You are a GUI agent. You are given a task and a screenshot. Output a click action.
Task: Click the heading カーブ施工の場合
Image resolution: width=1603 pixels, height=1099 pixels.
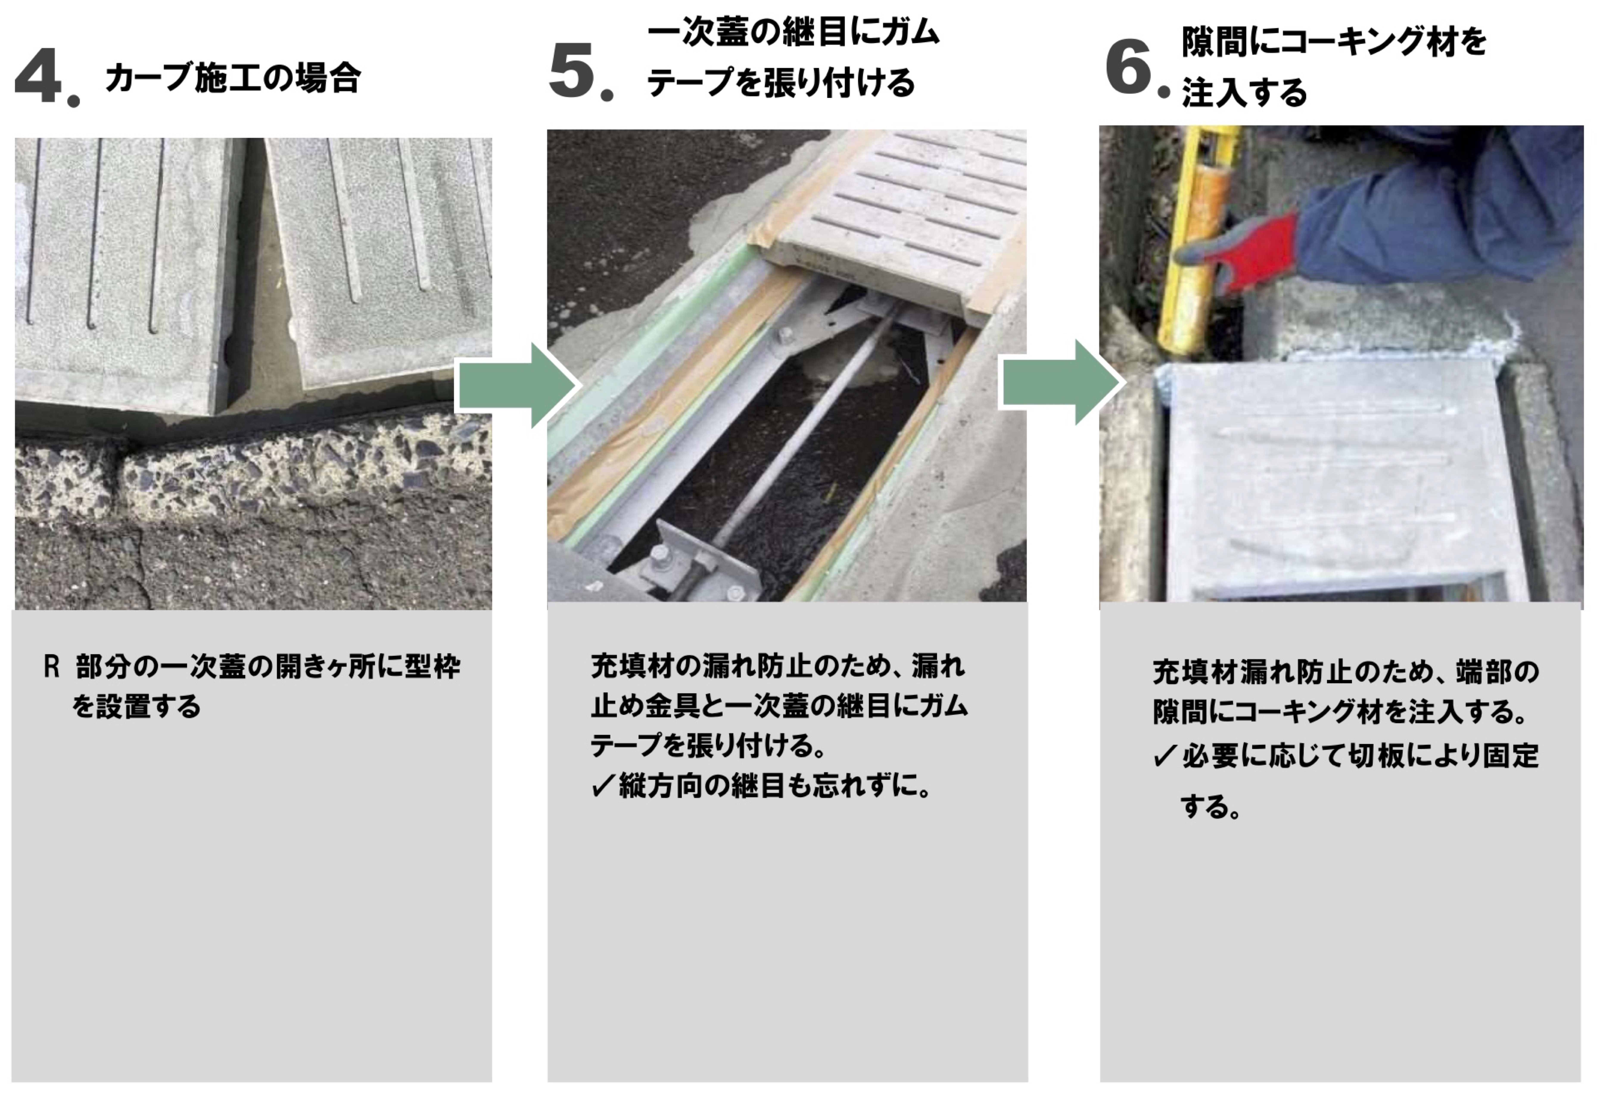tap(232, 77)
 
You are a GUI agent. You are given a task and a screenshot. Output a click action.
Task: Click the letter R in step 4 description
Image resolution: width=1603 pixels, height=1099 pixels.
tap(51, 667)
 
